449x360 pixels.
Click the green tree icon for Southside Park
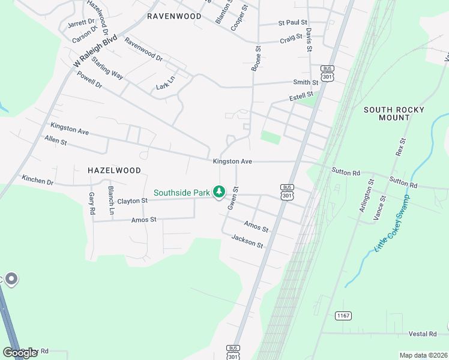[x=220, y=192]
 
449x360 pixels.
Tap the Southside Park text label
[x=181, y=193]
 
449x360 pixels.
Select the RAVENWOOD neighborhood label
[x=174, y=16]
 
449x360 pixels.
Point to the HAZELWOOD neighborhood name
[x=114, y=170]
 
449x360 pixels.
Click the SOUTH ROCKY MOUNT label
[x=394, y=113]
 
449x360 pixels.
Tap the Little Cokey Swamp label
[x=391, y=223]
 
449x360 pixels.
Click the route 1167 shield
[x=343, y=316]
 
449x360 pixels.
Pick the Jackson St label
[x=247, y=241]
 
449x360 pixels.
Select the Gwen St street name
[x=234, y=197]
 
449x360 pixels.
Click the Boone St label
[x=255, y=59]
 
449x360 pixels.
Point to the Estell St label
[x=301, y=96]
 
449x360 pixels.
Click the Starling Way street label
[x=108, y=70]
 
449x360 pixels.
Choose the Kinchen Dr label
[x=37, y=179]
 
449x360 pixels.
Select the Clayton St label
[x=132, y=201]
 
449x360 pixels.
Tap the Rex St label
[x=400, y=147]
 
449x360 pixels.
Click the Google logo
[x=20, y=353]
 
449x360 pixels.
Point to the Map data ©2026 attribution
[x=423, y=355]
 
